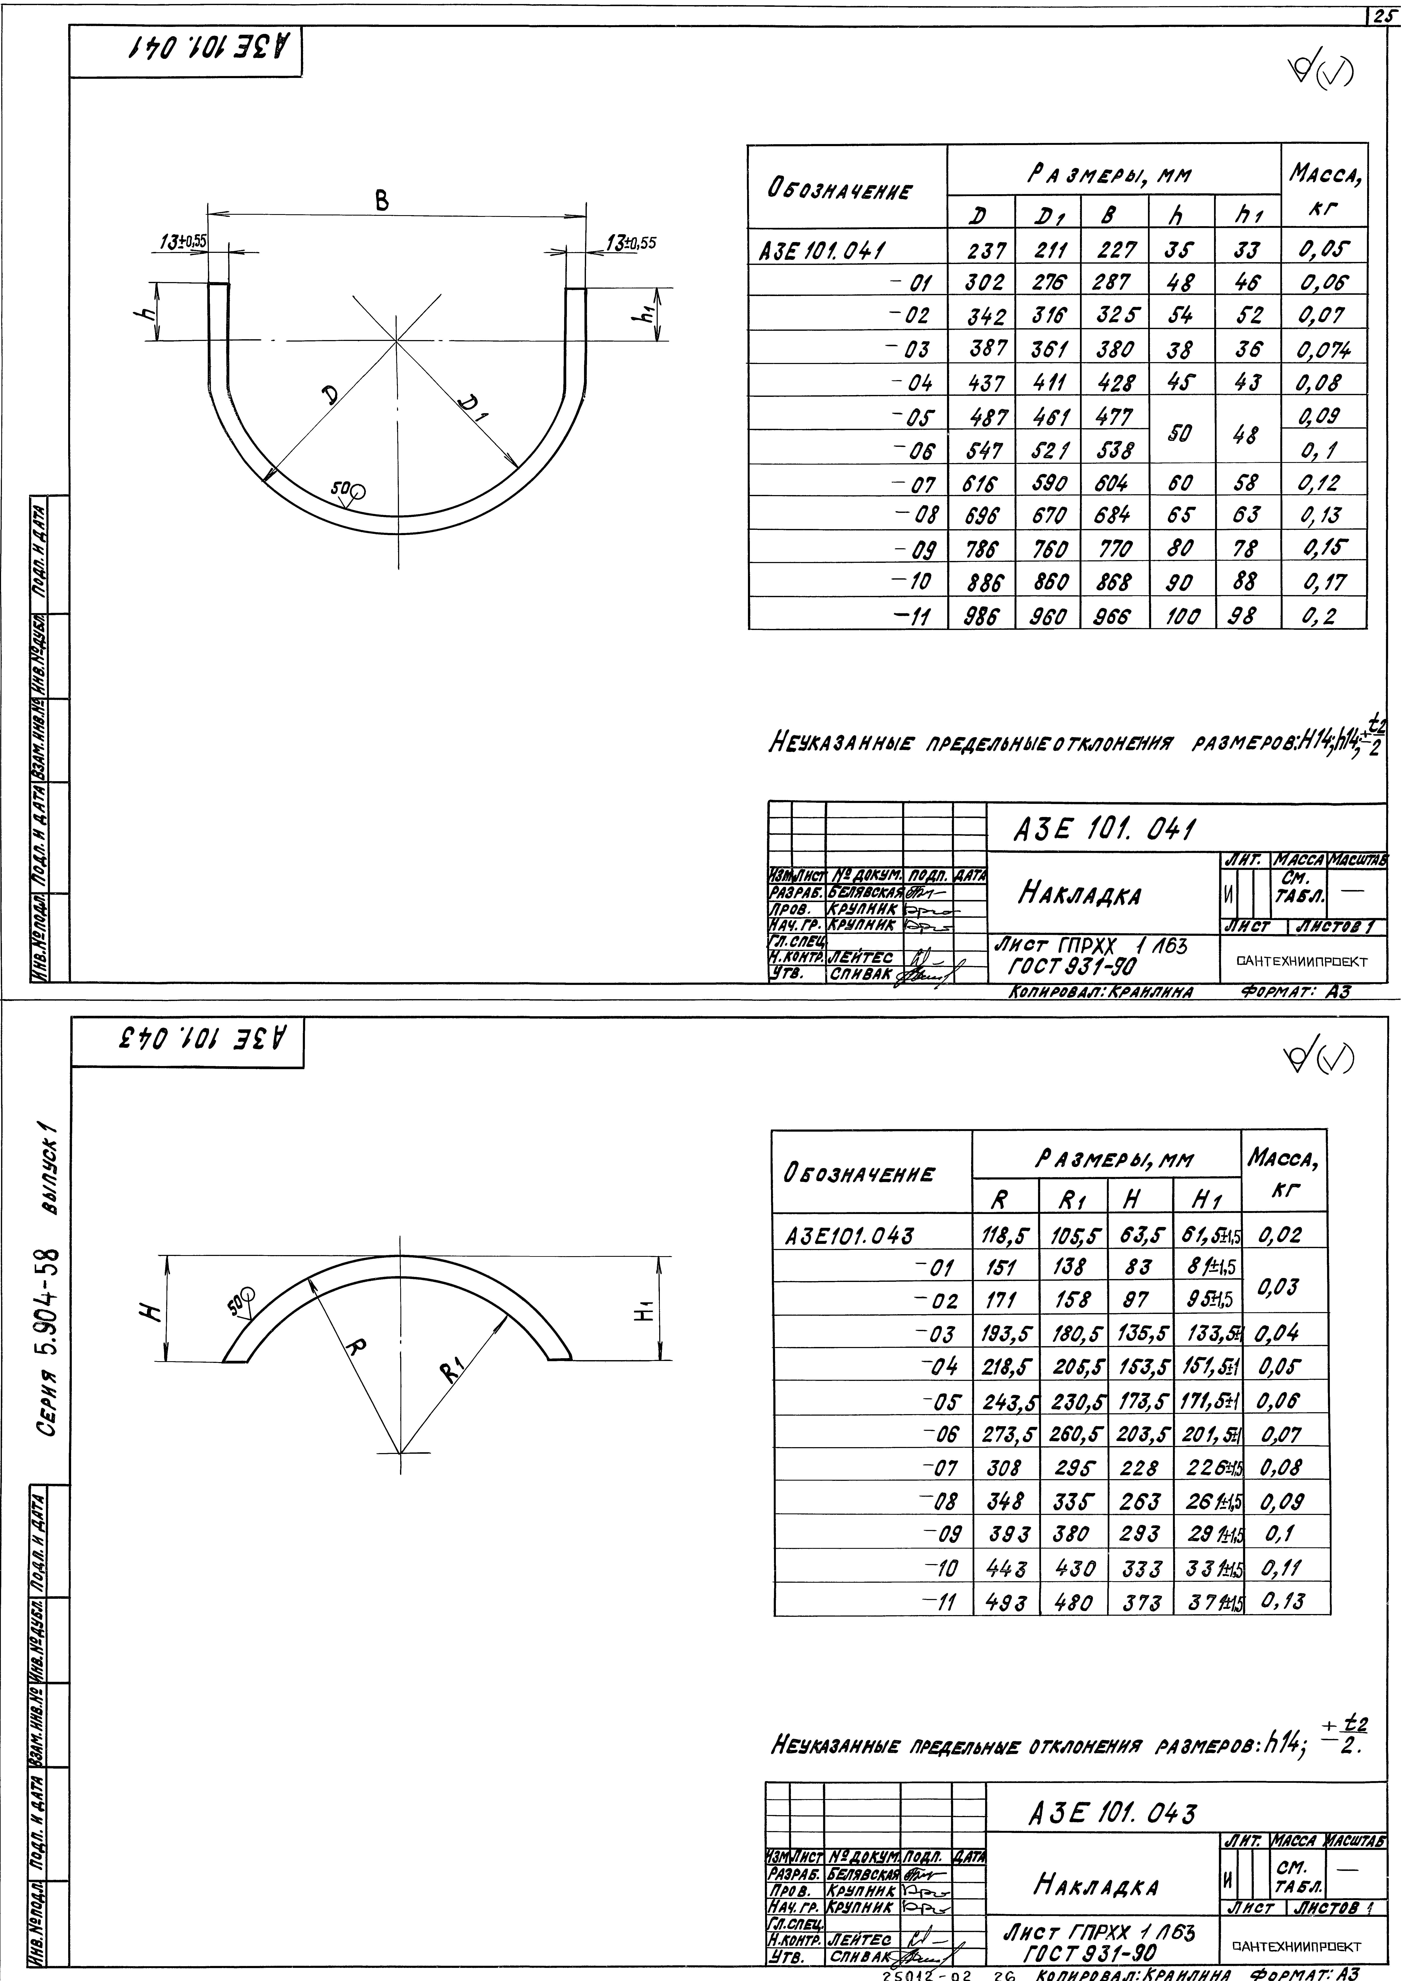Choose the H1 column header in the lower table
coord(1205,1199)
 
